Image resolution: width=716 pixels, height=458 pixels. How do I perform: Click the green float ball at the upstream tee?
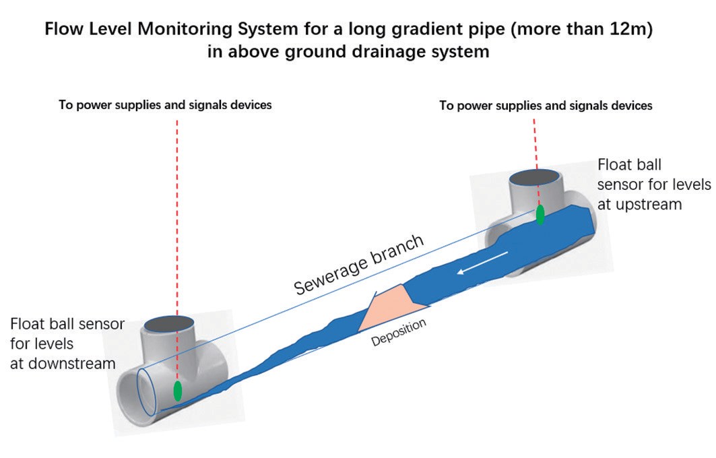click(540, 214)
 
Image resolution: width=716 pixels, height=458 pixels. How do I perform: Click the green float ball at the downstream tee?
click(178, 391)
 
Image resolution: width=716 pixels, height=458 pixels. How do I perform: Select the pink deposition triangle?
click(387, 306)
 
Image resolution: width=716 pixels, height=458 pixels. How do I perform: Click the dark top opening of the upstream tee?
click(535, 178)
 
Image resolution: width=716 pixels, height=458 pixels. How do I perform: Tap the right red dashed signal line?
click(535, 141)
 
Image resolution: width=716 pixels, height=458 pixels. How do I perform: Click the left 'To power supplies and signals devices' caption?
click(165, 105)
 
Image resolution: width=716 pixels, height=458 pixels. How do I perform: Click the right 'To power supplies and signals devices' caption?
click(546, 106)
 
